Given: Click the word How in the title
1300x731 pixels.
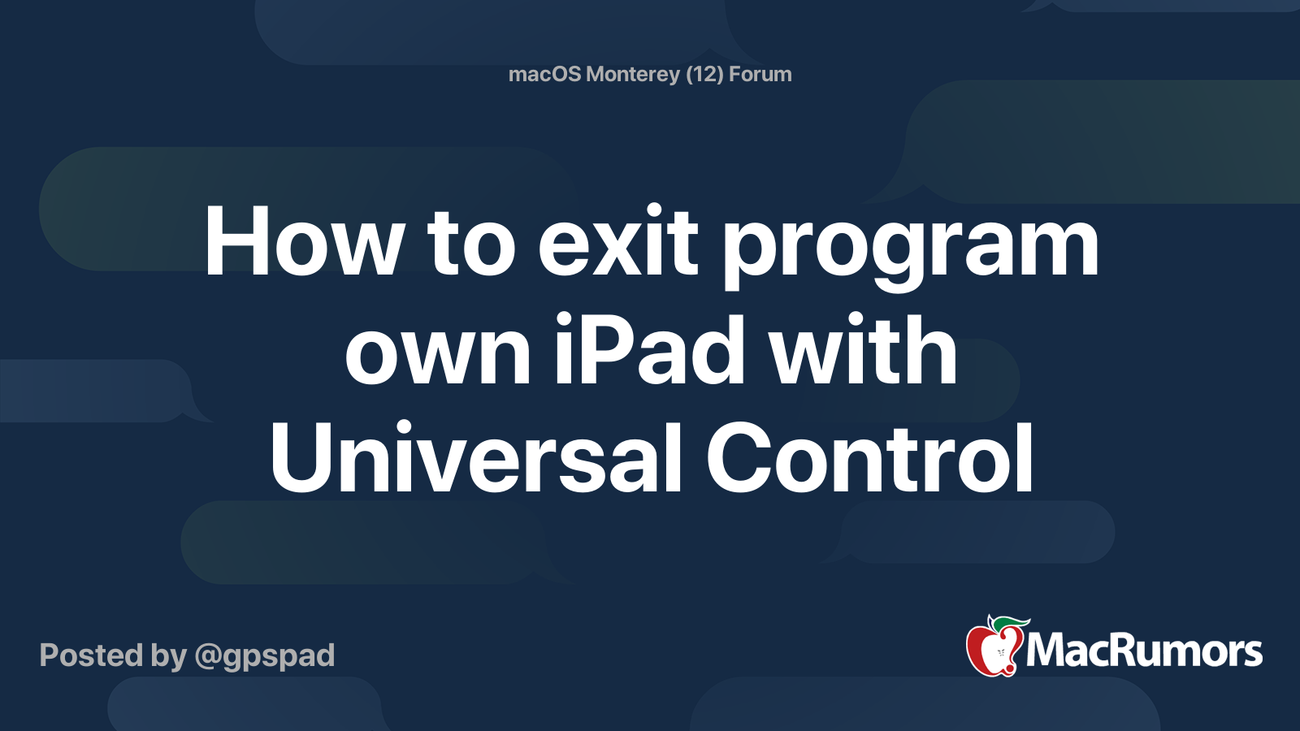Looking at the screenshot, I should tap(303, 242).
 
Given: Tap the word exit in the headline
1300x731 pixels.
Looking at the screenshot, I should tap(617, 242).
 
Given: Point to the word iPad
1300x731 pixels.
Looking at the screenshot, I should tap(650, 351).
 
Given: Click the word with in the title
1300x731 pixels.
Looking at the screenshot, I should tap(863, 351).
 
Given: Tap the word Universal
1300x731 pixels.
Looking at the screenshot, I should tap(475, 458).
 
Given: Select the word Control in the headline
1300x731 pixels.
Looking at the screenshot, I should tap(870, 458).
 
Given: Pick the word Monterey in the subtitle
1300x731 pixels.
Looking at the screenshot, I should tap(633, 75).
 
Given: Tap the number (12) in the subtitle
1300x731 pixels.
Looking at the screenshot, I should tap(704, 75).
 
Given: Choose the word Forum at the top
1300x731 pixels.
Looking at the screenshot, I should tap(760, 75).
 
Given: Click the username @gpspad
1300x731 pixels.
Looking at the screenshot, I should tap(265, 656).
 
